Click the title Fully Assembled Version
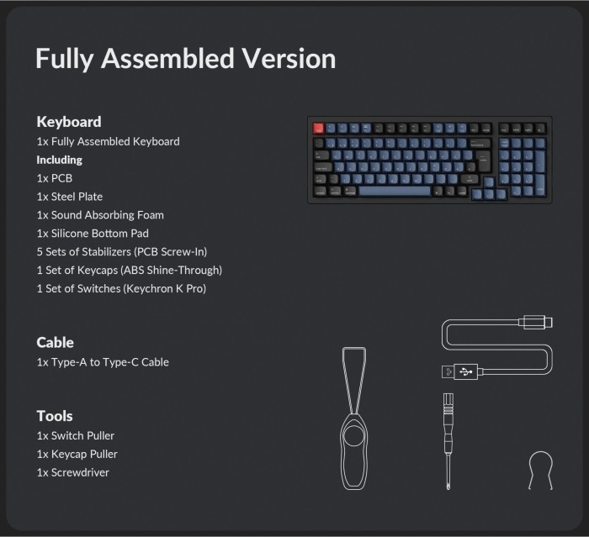pos(186,59)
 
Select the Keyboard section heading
pos(69,122)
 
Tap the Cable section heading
pos(56,343)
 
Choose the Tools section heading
pos(55,416)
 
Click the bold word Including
pos(60,161)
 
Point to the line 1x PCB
pos(55,178)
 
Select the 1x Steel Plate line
pos(70,197)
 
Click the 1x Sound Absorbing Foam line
pos(100,215)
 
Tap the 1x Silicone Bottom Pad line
pos(93,234)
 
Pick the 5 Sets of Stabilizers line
pos(122,252)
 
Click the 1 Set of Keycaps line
pos(130,271)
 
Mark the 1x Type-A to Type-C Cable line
pos(103,362)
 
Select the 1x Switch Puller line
pos(76,435)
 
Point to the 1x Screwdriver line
pos(73,472)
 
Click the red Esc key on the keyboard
pos(319,129)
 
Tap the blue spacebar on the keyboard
pos(395,192)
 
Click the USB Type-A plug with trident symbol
pos(460,372)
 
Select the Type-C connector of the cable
pos(536,323)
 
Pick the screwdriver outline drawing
pos(448,442)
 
